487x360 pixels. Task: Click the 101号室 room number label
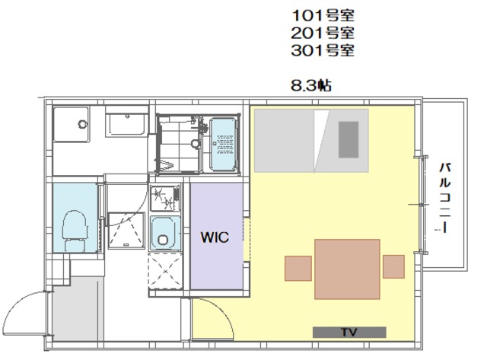pyautogui.click(x=323, y=15)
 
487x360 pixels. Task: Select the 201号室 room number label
pyautogui.click(x=323, y=33)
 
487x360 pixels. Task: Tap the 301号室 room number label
pyautogui.click(x=323, y=50)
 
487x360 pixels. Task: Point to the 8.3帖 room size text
pyautogui.click(x=311, y=85)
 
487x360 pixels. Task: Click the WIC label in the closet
pyautogui.click(x=215, y=237)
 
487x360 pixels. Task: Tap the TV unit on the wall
pyautogui.click(x=349, y=332)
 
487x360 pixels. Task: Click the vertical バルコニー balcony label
pyautogui.click(x=444, y=198)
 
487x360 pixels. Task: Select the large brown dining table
pyautogui.click(x=347, y=269)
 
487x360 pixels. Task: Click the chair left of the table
pyautogui.click(x=298, y=269)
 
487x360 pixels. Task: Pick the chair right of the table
pyautogui.click(x=393, y=266)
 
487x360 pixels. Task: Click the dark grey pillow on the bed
pyautogui.click(x=349, y=139)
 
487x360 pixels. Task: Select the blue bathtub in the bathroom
pyautogui.click(x=223, y=144)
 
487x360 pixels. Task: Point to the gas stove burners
pyautogui.click(x=165, y=198)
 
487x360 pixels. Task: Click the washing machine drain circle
pyautogui.click(x=83, y=124)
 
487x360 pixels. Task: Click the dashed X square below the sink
pyautogui.click(x=165, y=271)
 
